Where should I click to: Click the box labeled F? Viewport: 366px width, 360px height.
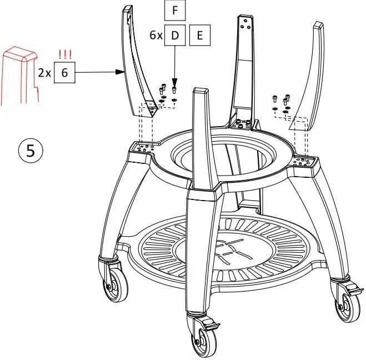[175, 11]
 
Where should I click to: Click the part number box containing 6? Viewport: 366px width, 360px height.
[64, 72]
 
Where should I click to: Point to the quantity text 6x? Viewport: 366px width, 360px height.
[156, 35]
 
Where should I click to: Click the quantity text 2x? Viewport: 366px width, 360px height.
[44, 73]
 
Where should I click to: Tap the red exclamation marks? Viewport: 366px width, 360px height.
[66, 54]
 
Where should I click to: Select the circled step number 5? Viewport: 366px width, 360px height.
[32, 151]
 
